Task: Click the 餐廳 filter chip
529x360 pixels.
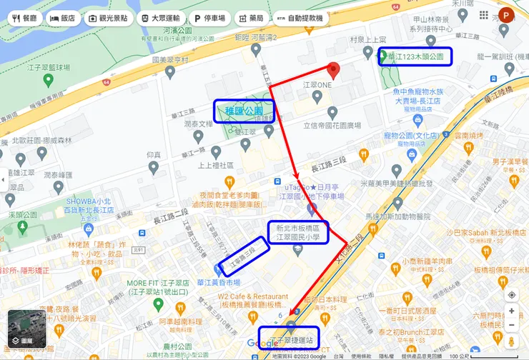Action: point(24,18)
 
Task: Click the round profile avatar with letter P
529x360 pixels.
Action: point(507,14)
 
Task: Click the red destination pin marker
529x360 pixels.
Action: point(332,71)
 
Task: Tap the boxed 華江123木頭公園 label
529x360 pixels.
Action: point(415,56)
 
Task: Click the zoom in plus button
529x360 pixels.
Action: point(511,311)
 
